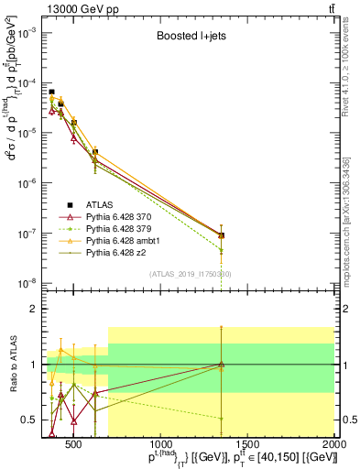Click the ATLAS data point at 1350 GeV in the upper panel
[221, 235]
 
